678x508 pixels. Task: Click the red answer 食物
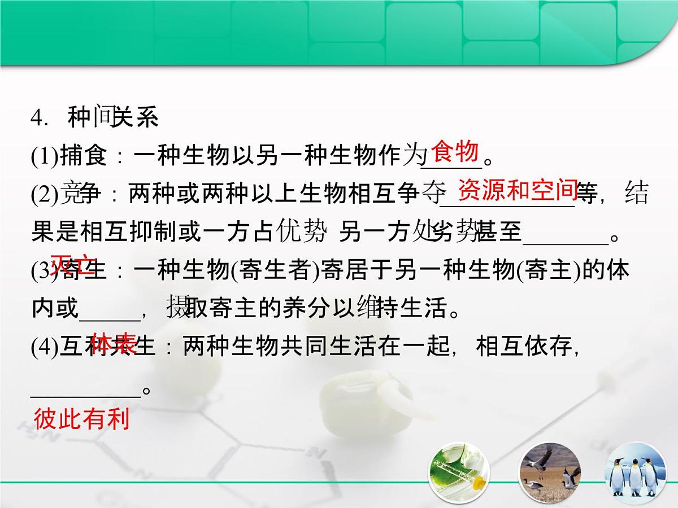click(x=455, y=152)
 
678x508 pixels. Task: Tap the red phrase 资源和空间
click(x=517, y=191)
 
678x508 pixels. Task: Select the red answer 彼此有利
click(x=82, y=419)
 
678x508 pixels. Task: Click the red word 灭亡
click(x=73, y=264)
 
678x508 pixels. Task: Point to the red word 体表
click(x=113, y=343)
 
